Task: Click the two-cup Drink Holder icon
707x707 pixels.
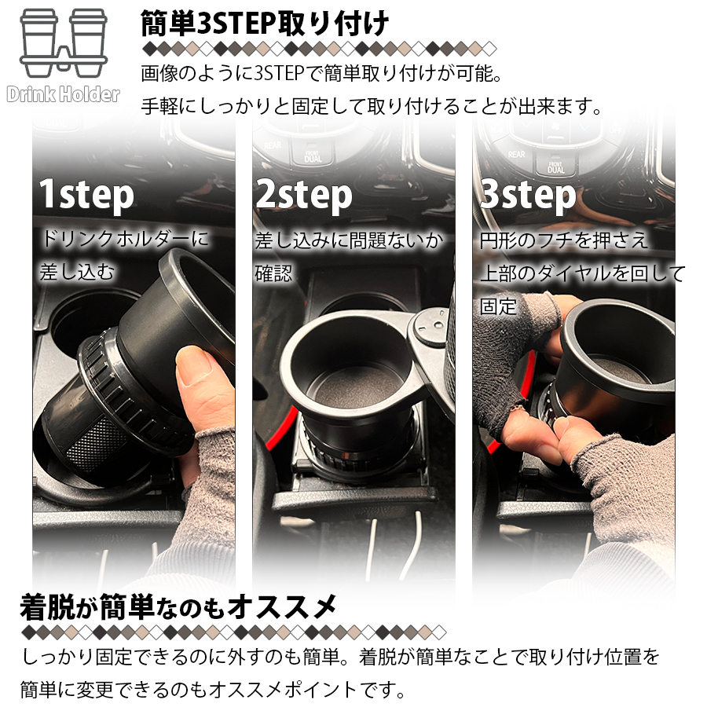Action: (x=64, y=43)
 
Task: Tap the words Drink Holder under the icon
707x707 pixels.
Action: (x=64, y=95)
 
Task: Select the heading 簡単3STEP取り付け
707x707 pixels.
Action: (x=265, y=23)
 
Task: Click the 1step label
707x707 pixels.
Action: (x=86, y=195)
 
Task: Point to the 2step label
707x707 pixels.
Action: (x=304, y=195)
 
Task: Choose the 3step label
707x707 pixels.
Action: (x=528, y=195)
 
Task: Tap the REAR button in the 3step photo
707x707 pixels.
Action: (x=516, y=155)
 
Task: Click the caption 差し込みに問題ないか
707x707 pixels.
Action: (x=350, y=241)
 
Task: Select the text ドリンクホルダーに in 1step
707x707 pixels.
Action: (x=125, y=239)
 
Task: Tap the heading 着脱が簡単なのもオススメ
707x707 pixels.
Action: (x=178, y=607)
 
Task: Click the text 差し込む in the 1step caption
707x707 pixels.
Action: (x=77, y=272)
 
